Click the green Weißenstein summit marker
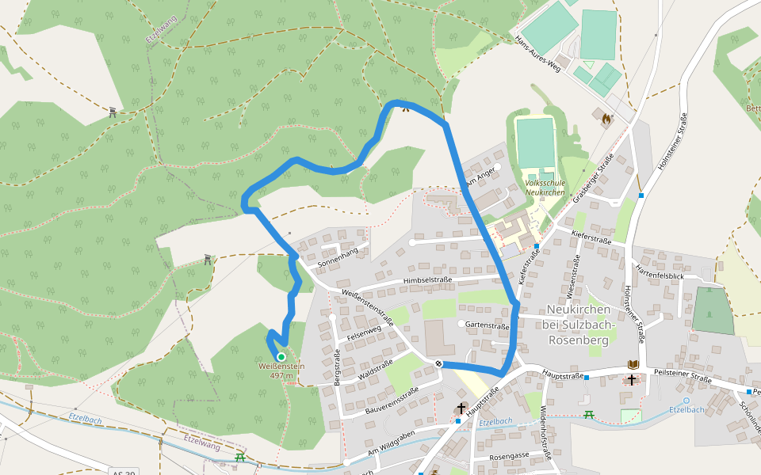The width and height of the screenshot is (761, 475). [281, 357]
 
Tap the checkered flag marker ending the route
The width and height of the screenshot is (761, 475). [439, 363]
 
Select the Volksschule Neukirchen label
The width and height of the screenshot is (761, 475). [545, 188]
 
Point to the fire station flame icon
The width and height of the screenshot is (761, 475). [606, 119]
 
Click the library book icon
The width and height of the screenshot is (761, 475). [633, 364]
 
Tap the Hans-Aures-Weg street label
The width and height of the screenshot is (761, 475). [538, 55]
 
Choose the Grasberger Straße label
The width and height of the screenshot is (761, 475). [594, 178]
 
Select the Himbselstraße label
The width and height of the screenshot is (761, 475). [427, 280]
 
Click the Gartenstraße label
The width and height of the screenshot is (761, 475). [487, 325]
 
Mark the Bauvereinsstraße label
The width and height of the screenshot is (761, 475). [392, 401]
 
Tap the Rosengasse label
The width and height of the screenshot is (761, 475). [508, 457]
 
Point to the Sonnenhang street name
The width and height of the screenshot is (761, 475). [338, 256]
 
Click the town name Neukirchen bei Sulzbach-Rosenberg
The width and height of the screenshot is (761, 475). [581, 324]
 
